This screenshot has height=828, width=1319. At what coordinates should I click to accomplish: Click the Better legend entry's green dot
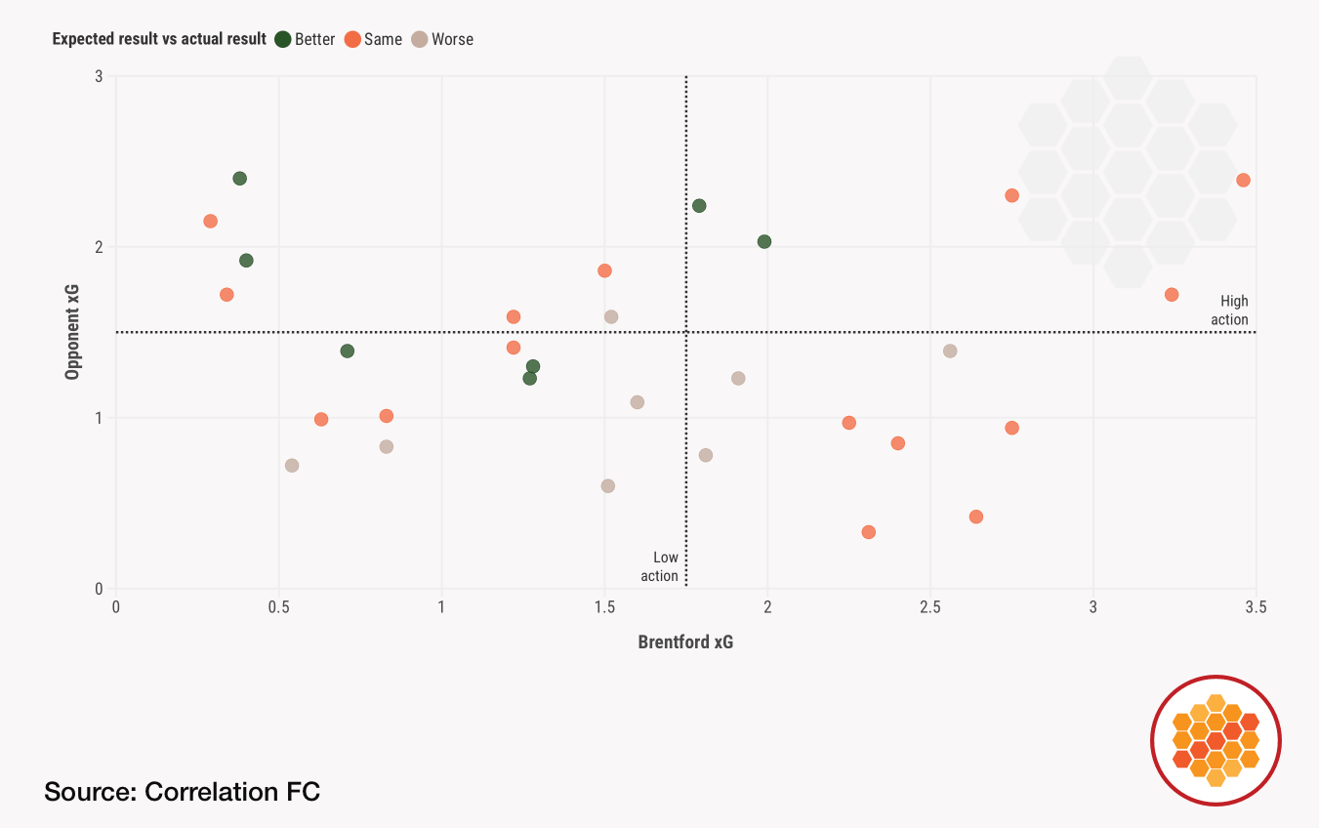(283, 40)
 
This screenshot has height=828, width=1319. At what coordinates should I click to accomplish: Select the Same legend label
(383, 40)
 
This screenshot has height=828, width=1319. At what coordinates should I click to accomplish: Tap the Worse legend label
(452, 40)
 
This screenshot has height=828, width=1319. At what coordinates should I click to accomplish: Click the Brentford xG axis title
(685, 642)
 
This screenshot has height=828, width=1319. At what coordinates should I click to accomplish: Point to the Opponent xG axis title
(72, 332)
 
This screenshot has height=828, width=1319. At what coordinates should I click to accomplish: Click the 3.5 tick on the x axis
(1256, 607)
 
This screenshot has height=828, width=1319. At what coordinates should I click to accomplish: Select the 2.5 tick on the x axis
(930, 607)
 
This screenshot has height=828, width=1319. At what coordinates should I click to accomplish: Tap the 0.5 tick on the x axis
(279, 607)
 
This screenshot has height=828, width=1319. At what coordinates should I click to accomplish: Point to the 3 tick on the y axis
(99, 76)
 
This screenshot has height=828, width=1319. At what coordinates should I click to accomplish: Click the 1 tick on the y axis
(99, 418)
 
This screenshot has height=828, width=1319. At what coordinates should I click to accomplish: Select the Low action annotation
(660, 567)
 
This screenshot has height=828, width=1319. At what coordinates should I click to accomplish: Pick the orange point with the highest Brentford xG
(1243, 180)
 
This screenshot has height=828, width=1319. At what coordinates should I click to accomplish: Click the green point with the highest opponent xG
(240, 179)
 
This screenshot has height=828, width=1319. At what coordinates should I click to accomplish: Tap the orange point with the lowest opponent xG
(869, 532)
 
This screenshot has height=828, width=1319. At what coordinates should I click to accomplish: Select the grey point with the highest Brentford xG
(950, 351)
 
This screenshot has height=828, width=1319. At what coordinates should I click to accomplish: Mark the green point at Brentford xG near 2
(764, 241)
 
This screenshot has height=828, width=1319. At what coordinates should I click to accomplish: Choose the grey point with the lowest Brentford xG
(292, 466)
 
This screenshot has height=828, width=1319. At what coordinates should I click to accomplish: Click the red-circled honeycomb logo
(1216, 740)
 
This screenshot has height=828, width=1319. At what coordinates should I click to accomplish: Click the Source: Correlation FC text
(182, 792)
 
